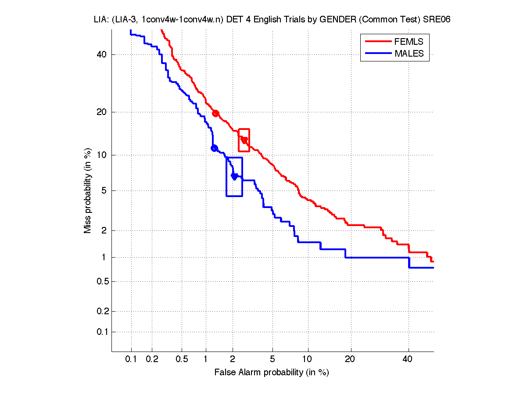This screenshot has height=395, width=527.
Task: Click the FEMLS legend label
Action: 409,42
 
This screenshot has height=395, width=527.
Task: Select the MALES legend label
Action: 409,54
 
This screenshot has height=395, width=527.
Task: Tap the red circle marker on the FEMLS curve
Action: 215,113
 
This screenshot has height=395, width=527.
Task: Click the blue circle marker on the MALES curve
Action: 214,148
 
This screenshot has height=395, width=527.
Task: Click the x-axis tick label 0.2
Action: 152,359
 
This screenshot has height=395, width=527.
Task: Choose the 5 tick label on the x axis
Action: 272,359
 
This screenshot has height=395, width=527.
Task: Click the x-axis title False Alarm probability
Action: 272,373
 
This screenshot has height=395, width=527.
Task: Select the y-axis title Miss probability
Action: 88,190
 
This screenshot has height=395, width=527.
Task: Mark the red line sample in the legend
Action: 377,42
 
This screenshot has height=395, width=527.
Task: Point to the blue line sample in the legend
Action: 377,54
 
